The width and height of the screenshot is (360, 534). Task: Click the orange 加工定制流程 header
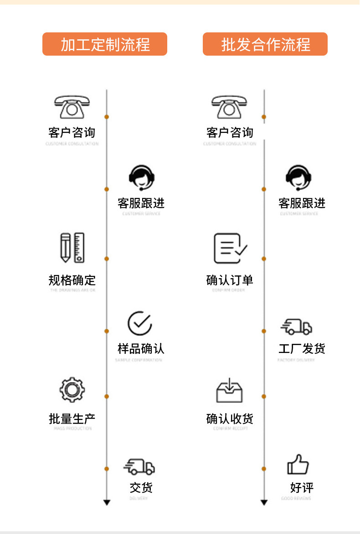[105, 44]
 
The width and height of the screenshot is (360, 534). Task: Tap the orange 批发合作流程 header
[265, 44]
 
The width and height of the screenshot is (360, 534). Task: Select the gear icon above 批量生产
[72, 389]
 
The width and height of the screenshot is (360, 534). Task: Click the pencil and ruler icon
[72, 248]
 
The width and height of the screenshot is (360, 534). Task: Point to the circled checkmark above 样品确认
[140, 323]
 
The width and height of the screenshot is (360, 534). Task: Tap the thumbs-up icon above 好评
[298, 465]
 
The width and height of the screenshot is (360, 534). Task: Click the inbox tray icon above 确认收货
[229, 390]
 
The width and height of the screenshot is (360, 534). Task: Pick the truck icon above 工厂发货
[296, 327]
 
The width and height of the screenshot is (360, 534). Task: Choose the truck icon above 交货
[139, 467]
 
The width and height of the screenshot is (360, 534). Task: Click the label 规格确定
[72, 280]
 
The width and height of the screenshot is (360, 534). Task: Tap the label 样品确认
[140, 349]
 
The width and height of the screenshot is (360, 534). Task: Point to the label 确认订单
[230, 280]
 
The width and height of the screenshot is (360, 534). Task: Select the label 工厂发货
[302, 349]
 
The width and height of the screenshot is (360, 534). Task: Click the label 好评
[302, 487]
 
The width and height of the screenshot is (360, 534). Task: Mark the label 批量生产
[72, 419]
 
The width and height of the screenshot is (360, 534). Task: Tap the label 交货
[141, 487]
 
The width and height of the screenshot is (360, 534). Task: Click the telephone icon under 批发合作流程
[230, 107]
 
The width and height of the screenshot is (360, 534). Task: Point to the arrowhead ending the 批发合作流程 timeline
[264, 502]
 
